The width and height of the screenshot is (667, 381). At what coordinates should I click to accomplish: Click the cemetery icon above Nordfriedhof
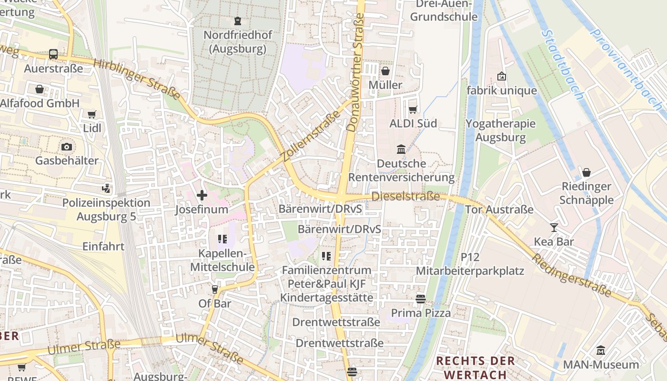coord(237,20)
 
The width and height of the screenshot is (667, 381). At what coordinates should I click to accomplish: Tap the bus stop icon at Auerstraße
coord(53,54)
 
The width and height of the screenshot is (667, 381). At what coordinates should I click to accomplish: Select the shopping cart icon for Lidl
coord(91,114)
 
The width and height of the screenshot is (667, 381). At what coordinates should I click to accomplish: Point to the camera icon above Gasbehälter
coord(67,147)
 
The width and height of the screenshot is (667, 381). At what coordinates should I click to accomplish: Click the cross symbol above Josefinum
coord(202,195)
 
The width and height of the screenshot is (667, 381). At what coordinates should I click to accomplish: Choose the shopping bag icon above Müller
coord(385,71)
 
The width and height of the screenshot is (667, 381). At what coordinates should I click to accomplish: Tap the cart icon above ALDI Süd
coord(413,110)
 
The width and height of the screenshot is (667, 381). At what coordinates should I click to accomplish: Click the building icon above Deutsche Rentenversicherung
coord(401,150)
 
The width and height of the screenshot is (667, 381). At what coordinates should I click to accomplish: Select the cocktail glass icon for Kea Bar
coord(554,228)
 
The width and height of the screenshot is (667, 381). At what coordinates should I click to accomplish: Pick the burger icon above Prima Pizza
coord(420,299)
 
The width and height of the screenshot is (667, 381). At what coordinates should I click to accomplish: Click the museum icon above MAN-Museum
coord(601,351)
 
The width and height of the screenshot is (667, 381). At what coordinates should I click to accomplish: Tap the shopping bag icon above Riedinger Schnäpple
coord(586,172)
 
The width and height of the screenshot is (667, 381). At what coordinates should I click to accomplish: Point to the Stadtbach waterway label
coord(562,65)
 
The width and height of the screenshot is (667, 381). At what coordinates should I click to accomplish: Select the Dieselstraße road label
coord(405,196)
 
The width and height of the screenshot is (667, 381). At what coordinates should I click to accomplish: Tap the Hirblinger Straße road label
coord(137,79)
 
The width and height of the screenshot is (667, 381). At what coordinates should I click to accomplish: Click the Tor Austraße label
coord(499,210)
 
